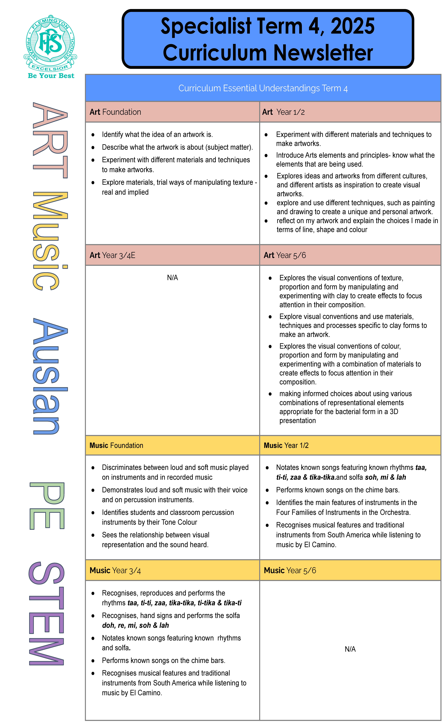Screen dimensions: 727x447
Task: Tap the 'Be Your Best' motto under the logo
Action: [51, 76]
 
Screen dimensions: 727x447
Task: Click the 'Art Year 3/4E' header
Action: [112, 255]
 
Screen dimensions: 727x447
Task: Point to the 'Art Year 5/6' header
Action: [285, 255]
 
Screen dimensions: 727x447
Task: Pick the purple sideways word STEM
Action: [47, 614]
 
